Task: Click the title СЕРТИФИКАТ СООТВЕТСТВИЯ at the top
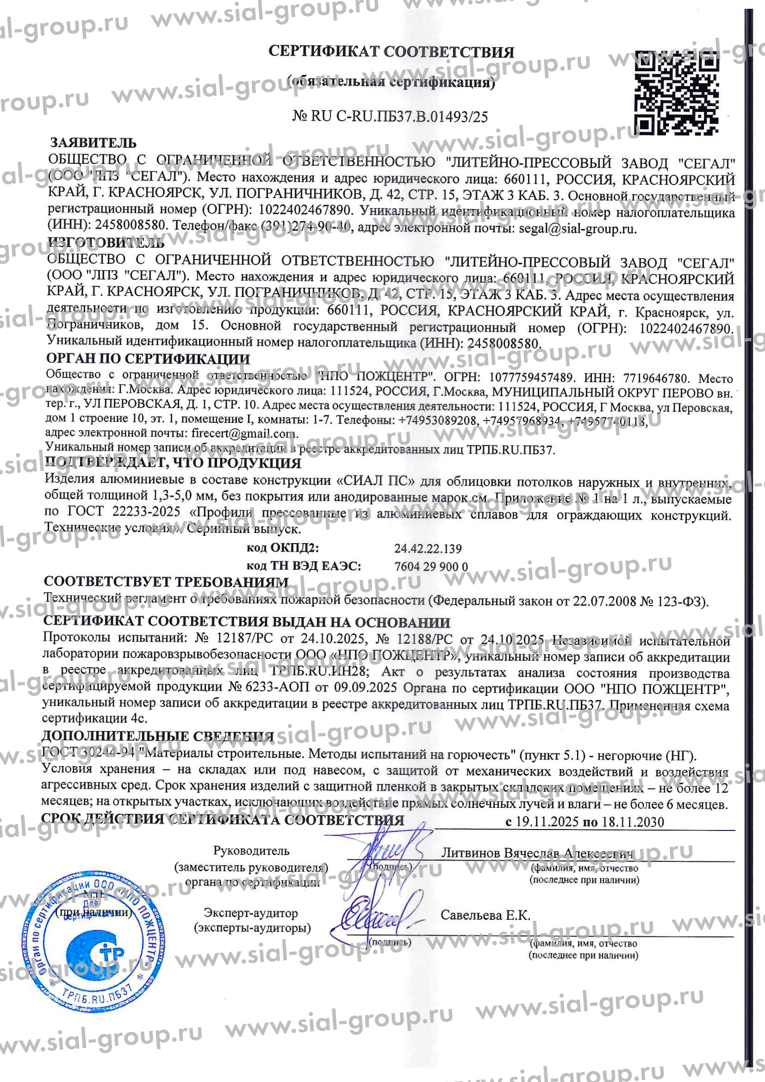point(391,52)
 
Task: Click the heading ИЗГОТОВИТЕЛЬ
point(106,243)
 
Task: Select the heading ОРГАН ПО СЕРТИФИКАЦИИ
point(148,359)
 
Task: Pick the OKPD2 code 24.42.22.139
point(428,548)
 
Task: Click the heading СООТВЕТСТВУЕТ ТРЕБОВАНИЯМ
point(165,582)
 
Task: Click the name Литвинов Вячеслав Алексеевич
point(537,853)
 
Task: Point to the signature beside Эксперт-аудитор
point(372,917)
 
